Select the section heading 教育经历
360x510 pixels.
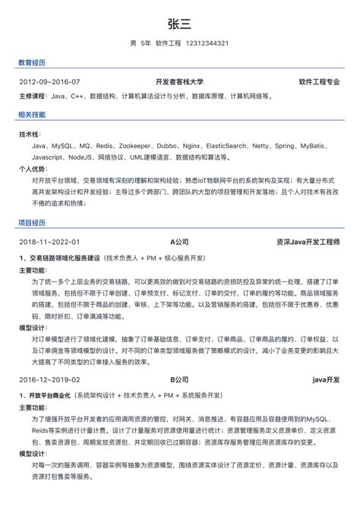31,62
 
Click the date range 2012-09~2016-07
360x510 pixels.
50,81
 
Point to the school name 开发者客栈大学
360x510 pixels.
179,81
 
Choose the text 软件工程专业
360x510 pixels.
319,81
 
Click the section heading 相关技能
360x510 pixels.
31,115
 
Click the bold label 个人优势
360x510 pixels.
32,169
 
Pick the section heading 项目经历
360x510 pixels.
31,223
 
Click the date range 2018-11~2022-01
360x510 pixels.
50,242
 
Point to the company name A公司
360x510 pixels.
179,242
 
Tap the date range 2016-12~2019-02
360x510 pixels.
50,379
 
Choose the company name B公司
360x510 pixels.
179,379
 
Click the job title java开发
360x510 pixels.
325,379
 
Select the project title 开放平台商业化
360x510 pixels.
54,395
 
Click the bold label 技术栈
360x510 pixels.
29,133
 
